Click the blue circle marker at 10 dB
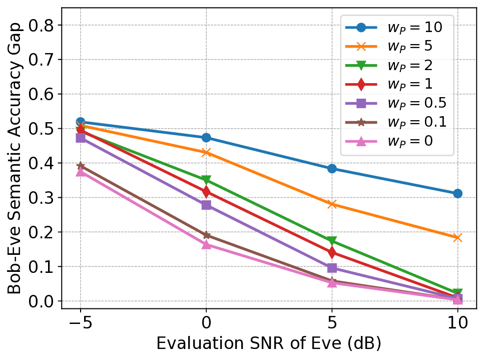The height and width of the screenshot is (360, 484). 457,193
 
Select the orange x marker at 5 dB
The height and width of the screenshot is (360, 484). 332,204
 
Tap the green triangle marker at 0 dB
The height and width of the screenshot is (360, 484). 206,180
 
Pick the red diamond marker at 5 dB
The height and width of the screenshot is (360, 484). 332,252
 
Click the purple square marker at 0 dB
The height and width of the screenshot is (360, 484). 206,205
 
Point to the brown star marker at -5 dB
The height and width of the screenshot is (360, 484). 81,166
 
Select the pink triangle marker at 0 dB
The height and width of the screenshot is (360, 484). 206,244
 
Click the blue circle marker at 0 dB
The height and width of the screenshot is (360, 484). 206,137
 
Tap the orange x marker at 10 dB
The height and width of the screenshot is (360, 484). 457,238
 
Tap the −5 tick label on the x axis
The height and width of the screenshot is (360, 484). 81,321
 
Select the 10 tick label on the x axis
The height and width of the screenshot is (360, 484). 457,321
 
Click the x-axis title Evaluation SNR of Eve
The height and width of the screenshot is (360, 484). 269,344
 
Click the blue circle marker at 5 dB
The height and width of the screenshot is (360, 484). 332,169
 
